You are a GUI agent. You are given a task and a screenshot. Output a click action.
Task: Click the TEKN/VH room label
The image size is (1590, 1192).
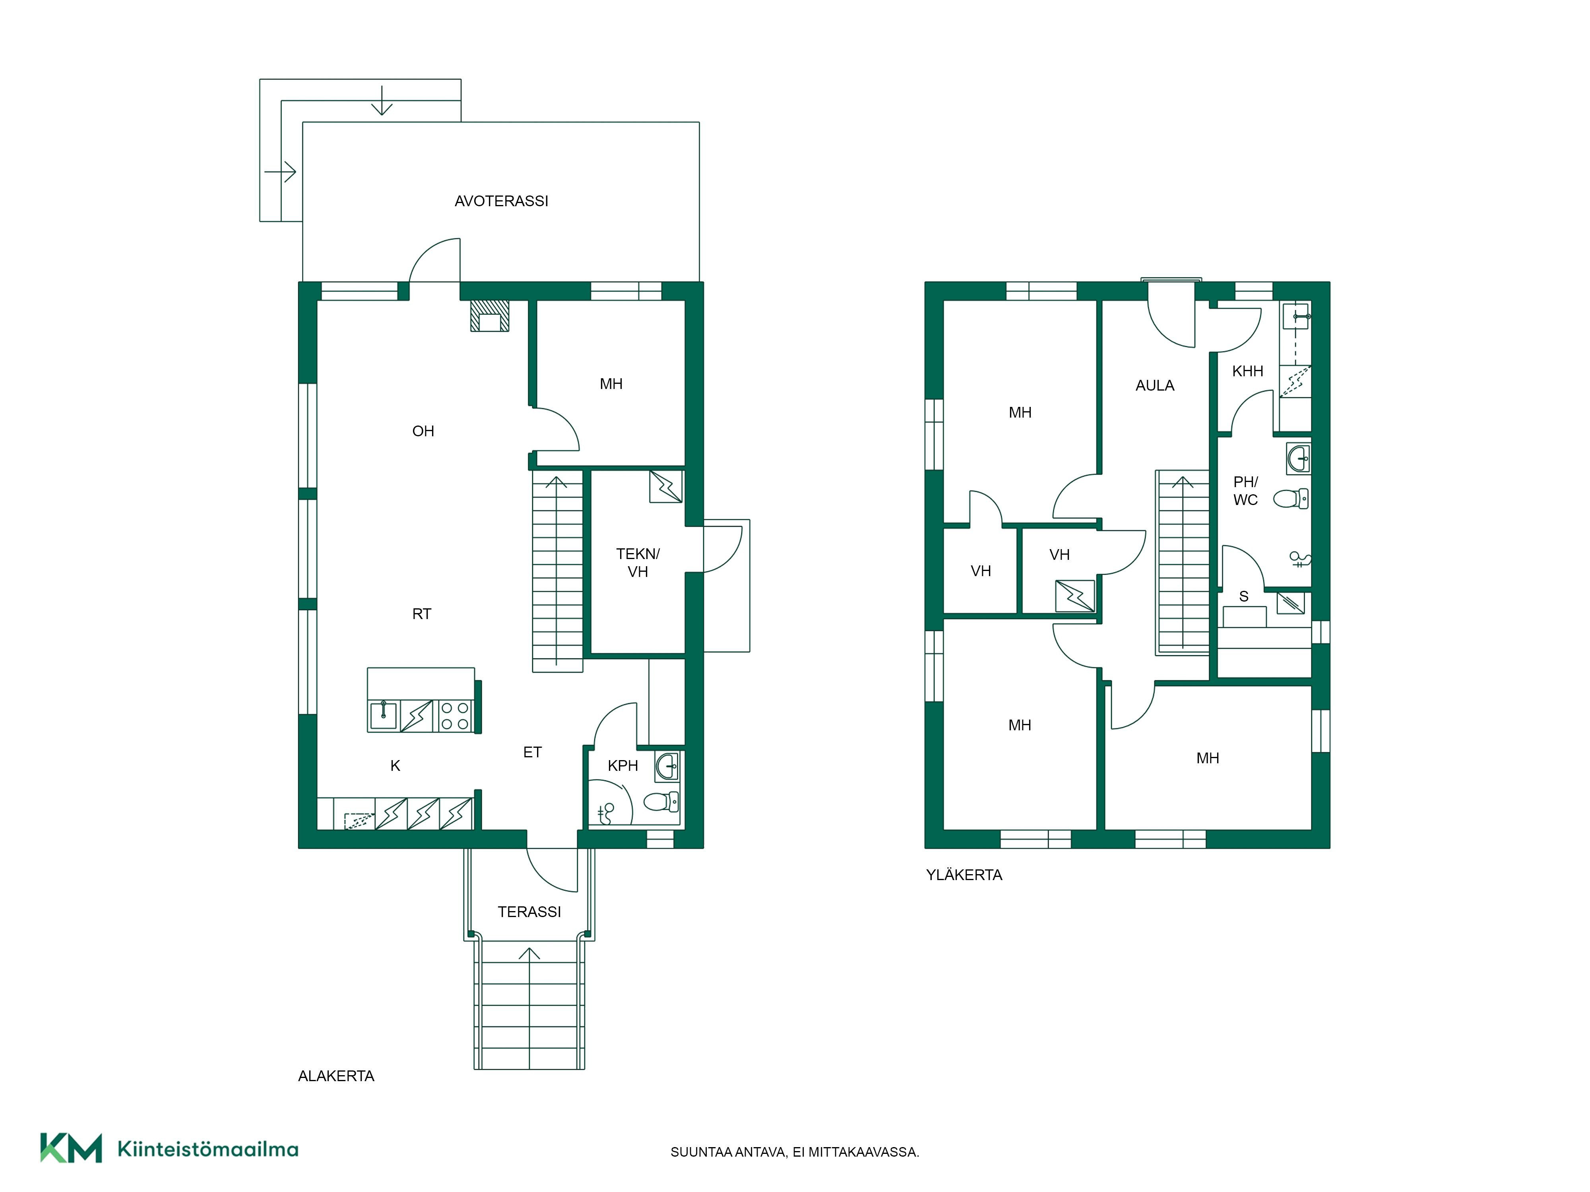[x=638, y=563]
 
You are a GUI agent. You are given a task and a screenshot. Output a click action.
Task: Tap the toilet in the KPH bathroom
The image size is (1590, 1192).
[x=661, y=801]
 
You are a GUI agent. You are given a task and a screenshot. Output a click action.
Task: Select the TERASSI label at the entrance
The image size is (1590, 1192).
[x=529, y=912]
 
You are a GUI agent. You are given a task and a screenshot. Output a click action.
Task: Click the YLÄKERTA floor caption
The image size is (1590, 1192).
[x=964, y=875]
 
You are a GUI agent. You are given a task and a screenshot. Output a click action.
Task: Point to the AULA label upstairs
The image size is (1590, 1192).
[x=1154, y=386]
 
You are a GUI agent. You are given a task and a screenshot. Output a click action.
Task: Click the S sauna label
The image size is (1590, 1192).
[x=1243, y=596]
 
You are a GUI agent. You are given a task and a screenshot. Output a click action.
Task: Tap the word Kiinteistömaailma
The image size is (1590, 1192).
[x=208, y=1149]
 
